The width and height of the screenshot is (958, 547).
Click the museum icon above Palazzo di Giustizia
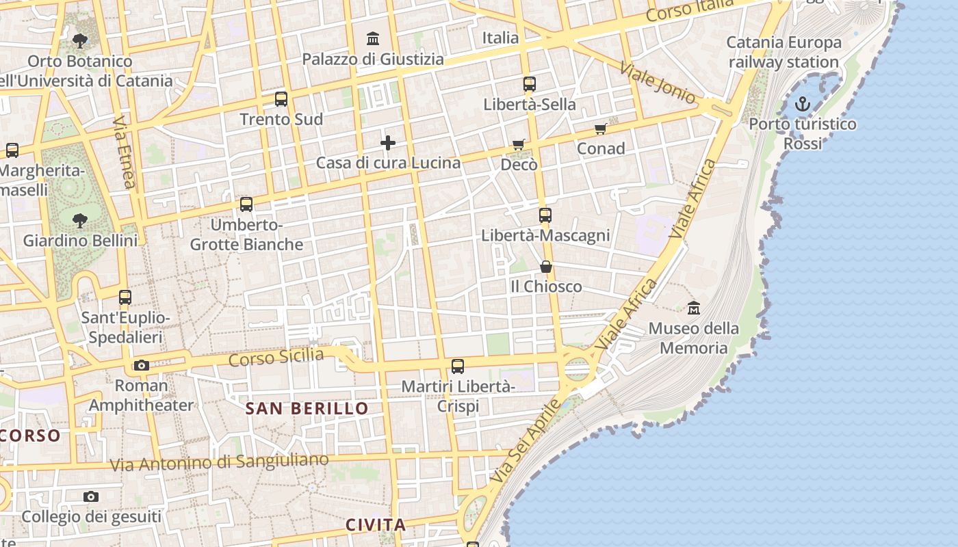[373, 38]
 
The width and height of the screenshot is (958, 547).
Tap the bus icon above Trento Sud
[281, 99]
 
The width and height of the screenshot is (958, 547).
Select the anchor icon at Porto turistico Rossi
[802, 104]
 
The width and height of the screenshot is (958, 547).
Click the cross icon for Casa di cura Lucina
[388, 143]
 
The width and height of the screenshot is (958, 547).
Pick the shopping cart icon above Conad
[600, 129]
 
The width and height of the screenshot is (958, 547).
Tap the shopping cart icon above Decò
[519, 145]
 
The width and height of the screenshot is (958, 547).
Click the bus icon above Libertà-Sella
[530, 85]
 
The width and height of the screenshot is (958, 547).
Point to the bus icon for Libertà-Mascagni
[545, 215]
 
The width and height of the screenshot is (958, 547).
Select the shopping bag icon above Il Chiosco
[546, 267]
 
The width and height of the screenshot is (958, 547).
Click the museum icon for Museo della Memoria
[694, 308]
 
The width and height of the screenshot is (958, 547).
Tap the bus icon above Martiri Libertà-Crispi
[458, 366]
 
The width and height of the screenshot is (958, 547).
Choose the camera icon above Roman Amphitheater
[142, 366]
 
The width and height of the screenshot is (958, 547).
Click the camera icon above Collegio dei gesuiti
[91, 497]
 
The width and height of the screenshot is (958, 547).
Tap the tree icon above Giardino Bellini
[80, 221]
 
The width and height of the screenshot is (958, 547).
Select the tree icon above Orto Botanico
[80, 41]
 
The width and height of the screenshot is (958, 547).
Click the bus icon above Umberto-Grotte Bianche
[246, 204]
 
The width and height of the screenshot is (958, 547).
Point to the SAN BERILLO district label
[307, 409]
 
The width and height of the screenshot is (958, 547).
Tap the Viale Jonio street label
[657, 83]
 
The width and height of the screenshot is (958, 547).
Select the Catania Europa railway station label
[784, 52]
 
